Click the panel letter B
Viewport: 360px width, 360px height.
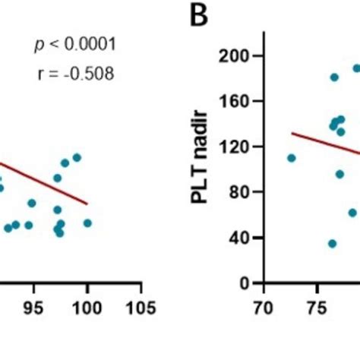click(200, 17)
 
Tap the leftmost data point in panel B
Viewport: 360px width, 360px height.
click(292, 158)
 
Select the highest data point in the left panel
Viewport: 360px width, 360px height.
click(77, 158)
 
